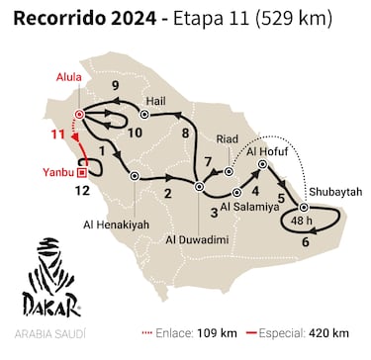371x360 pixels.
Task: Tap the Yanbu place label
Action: click(x=55, y=169)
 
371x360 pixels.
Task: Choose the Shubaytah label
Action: click(x=332, y=190)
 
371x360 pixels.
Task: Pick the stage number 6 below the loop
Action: click(x=306, y=241)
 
